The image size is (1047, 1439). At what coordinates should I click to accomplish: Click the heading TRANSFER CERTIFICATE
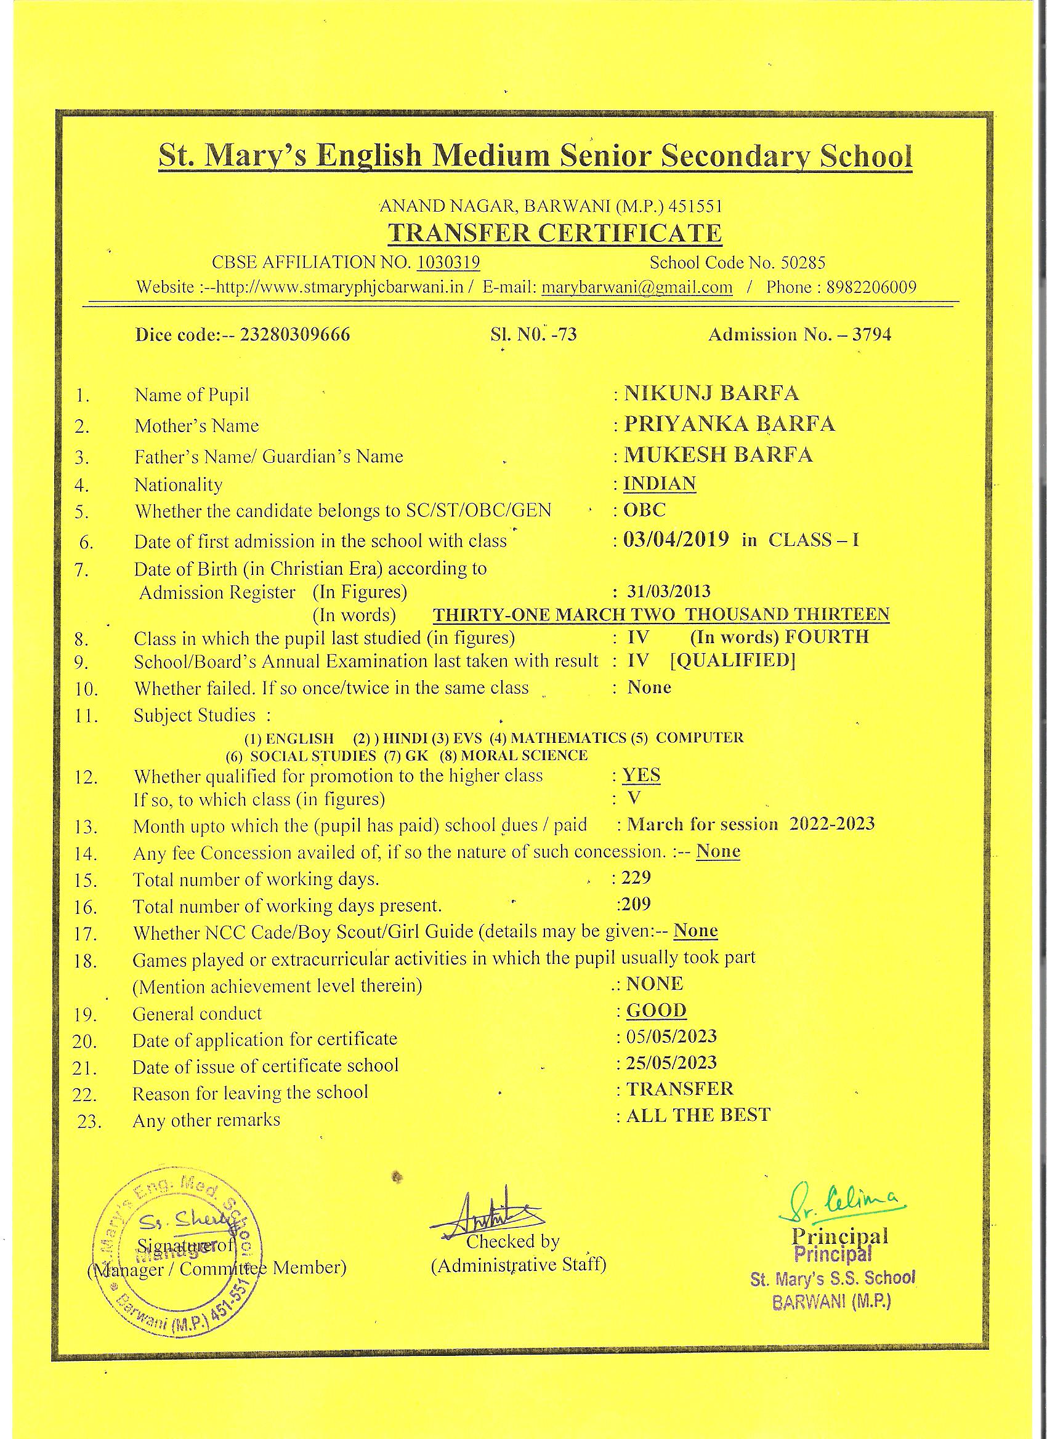(554, 233)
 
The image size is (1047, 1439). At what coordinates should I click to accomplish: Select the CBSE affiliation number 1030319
(448, 262)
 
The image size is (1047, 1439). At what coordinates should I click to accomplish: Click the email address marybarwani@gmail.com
(637, 287)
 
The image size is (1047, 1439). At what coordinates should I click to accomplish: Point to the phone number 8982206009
(871, 287)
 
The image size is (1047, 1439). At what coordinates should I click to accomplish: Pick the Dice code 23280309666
(294, 334)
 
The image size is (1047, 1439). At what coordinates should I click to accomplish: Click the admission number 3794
(872, 334)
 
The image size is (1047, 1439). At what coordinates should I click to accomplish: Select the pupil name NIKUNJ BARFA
(711, 393)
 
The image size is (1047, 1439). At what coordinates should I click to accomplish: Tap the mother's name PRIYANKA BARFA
(729, 424)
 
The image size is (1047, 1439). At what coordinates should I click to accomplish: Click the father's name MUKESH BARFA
(718, 454)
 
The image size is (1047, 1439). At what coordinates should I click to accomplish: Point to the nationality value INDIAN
(660, 484)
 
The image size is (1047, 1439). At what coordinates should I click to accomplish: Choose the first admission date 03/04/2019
(676, 540)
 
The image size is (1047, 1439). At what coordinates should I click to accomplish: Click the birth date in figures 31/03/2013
(669, 591)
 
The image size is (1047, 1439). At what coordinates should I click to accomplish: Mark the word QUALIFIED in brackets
(733, 660)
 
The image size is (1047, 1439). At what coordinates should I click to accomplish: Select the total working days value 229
(636, 878)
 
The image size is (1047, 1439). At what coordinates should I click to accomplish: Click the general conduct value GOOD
(657, 1010)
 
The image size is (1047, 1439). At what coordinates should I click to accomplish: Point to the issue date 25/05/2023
(671, 1063)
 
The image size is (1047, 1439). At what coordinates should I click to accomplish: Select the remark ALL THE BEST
(698, 1115)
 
